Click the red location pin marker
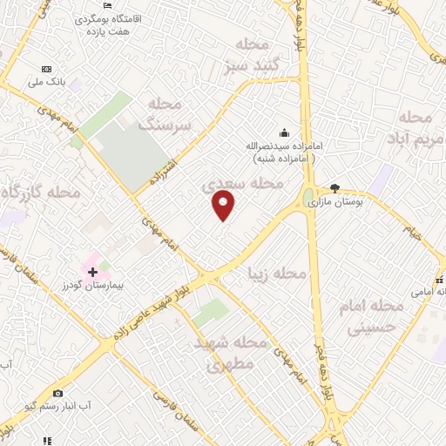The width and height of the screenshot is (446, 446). (224, 206)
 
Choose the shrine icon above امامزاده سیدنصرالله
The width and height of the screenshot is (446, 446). (284, 133)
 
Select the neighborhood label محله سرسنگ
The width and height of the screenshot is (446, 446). (175, 114)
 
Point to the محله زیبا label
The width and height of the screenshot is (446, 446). (277, 274)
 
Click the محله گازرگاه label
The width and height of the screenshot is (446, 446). (40, 191)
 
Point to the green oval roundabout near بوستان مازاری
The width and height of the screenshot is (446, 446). (309, 198)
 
